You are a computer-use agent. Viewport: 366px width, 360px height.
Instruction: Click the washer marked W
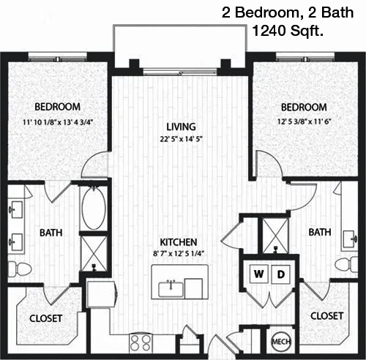(x=259, y=274)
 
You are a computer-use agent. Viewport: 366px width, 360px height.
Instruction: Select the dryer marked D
(x=281, y=274)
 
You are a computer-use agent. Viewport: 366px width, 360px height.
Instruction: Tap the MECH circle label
(x=281, y=342)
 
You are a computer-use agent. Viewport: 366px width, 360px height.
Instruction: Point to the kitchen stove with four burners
(x=141, y=342)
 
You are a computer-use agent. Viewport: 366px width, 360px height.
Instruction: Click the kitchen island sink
(x=171, y=289)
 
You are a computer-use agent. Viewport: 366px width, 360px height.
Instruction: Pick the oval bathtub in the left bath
(x=94, y=209)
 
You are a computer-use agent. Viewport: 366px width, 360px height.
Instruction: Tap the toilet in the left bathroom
(x=20, y=269)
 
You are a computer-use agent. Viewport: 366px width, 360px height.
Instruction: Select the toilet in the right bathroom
(x=346, y=264)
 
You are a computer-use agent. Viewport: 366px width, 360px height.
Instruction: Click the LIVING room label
(x=181, y=127)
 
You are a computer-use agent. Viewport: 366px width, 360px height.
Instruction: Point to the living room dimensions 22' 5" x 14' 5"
(x=182, y=139)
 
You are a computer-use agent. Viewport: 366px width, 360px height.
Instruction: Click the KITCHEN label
(x=179, y=242)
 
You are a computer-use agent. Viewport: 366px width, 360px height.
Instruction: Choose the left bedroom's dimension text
(x=58, y=122)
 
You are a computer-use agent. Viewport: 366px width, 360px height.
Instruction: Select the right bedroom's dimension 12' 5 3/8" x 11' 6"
(x=304, y=121)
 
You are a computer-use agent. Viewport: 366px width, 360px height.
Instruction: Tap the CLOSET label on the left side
(x=45, y=318)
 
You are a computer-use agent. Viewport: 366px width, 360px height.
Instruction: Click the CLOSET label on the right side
(x=326, y=316)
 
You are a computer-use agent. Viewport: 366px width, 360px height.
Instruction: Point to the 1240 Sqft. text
(x=288, y=31)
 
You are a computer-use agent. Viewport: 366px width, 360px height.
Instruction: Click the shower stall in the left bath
(x=94, y=254)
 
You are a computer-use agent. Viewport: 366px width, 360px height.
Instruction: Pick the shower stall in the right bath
(x=275, y=236)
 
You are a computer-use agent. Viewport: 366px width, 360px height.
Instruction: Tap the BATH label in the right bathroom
(x=320, y=232)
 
